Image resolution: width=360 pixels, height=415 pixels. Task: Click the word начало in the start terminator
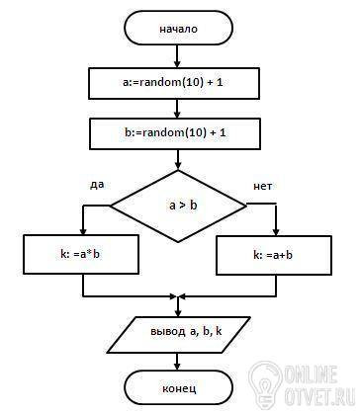(x=178, y=29)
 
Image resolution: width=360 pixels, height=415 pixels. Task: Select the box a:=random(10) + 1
(x=174, y=83)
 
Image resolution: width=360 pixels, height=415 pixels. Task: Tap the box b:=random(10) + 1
(x=175, y=134)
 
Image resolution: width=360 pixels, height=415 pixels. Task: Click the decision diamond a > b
(x=178, y=207)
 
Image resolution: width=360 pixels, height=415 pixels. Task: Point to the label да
(x=97, y=184)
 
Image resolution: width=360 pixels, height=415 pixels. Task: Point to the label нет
(x=262, y=187)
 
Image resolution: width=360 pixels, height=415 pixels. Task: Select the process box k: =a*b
(x=81, y=254)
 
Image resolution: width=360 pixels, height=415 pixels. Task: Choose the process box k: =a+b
(x=274, y=255)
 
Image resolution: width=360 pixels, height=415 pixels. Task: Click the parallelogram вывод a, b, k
(x=179, y=335)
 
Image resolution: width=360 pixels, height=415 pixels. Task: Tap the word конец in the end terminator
(x=179, y=388)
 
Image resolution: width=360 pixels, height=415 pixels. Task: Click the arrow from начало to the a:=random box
(x=177, y=56)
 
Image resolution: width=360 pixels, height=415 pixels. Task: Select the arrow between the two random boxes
(x=177, y=109)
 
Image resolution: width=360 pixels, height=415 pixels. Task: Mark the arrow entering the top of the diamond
(x=178, y=160)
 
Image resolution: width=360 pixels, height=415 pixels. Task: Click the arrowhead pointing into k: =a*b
(x=83, y=231)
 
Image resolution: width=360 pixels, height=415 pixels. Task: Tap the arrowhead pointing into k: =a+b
(x=276, y=231)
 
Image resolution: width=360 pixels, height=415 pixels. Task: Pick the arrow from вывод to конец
(x=177, y=362)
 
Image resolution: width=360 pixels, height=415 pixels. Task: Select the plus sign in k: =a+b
(x=283, y=255)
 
